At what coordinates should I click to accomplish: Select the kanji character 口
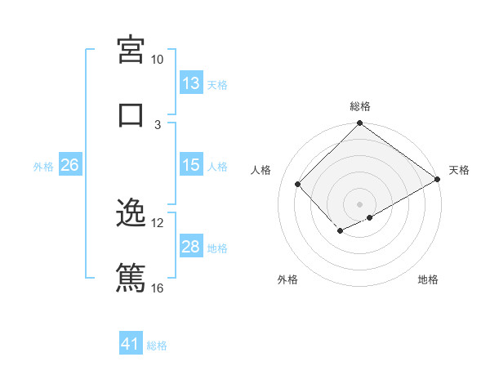(x=131, y=114)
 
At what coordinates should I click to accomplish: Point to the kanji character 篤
(x=131, y=278)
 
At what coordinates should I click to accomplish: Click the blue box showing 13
(x=191, y=83)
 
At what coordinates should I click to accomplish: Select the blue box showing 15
(x=191, y=165)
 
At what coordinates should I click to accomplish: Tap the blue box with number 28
(x=191, y=247)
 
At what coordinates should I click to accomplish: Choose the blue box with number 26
(x=69, y=165)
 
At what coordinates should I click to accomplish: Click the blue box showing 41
(x=131, y=344)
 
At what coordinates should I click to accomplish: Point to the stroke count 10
(x=158, y=60)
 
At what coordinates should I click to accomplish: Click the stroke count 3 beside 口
(x=158, y=124)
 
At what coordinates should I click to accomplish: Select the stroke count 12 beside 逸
(x=158, y=222)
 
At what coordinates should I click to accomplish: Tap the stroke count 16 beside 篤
(x=158, y=288)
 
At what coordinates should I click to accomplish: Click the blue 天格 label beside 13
(x=217, y=84)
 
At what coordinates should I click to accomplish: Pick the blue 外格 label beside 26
(x=43, y=166)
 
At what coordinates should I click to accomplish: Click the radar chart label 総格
(x=360, y=106)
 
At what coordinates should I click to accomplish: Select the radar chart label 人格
(x=261, y=170)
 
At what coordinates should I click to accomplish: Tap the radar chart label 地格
(x=428, y=279)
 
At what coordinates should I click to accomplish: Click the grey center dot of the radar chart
(x=359, y=203)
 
